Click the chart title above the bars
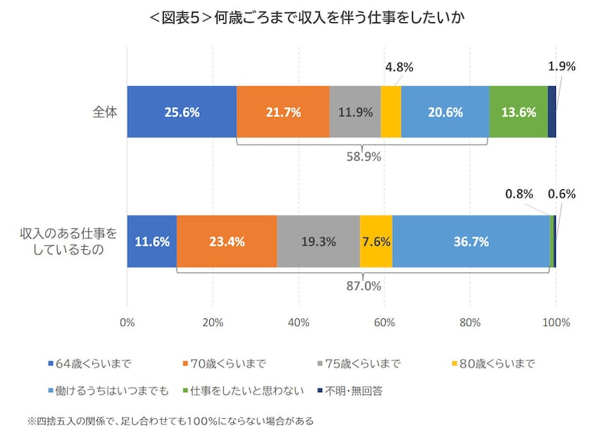(x=307, y=17)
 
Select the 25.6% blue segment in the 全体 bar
(x=182, y=111)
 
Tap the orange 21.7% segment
(x=283, y=111)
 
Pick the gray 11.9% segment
(x=355, y=111)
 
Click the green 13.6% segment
(x=519, y=111)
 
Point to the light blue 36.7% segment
(x=471, y=241)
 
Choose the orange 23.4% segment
(x=227, y=241)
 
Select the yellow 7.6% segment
(x=376, y=241)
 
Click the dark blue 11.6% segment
(x=151, y=241)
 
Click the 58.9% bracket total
(x=363, y=157)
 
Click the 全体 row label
(x=104, y=111)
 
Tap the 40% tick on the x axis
(x=299, y=322)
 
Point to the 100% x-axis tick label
(x=556, y=322)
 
